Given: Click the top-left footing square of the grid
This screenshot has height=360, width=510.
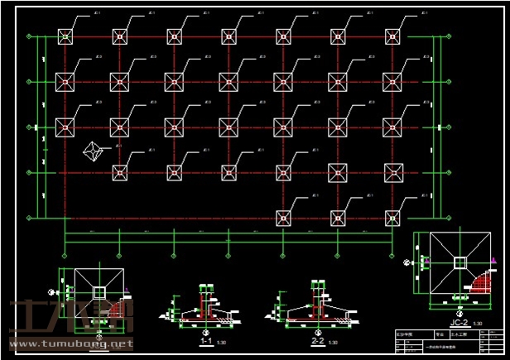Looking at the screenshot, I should [x=65, y=36].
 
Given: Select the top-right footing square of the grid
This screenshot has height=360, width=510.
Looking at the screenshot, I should [x=392, y=36].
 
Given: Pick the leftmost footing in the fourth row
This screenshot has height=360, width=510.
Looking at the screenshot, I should [x=119, y=172].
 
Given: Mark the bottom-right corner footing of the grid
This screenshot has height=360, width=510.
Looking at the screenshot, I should [x=392, y=218].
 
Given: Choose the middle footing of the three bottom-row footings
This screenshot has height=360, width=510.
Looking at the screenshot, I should [x=338, y=218].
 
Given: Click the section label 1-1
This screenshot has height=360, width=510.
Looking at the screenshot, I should [x=206, y=341].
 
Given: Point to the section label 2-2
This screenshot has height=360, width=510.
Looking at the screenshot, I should [x=317, y=341].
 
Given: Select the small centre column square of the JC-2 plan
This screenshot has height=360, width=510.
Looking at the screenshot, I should [x=459, y=262].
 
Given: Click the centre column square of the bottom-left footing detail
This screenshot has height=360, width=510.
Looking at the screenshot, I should [x=99, y=292].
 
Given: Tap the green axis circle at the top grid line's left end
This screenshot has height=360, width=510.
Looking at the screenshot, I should [x=30, y=36].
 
